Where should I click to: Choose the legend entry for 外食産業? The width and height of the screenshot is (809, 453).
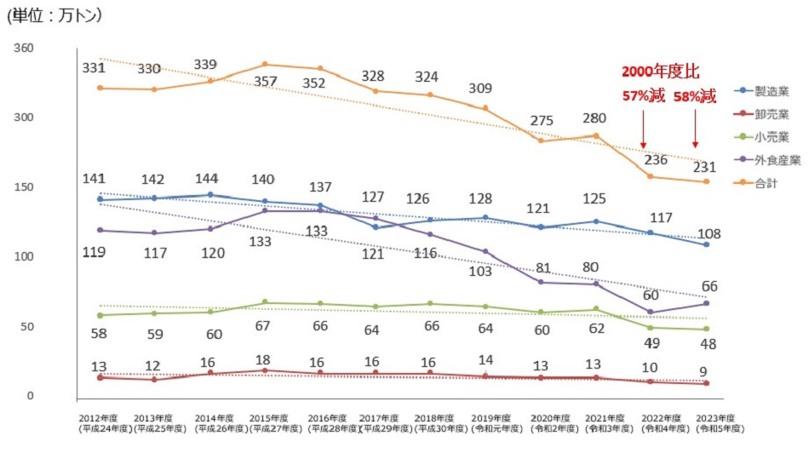770,159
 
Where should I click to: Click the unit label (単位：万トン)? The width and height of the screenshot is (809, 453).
54,15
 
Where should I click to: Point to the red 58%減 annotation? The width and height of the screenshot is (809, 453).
694,95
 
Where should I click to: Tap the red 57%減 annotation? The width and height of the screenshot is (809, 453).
643,95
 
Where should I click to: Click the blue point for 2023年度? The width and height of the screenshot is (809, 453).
706,244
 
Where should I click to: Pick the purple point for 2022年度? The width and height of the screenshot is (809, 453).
650,312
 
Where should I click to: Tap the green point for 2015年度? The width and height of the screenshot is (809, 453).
265,301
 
